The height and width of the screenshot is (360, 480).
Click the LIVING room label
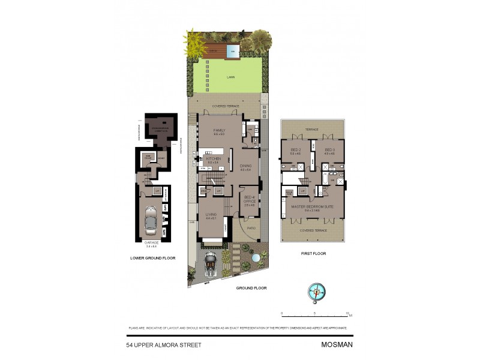point(211,214)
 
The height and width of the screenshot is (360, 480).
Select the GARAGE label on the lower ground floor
point(152,242)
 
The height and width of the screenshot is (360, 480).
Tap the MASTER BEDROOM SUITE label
point(312,207)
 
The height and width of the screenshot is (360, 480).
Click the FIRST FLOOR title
point(311,253)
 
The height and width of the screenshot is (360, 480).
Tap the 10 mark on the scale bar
point(348,313)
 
